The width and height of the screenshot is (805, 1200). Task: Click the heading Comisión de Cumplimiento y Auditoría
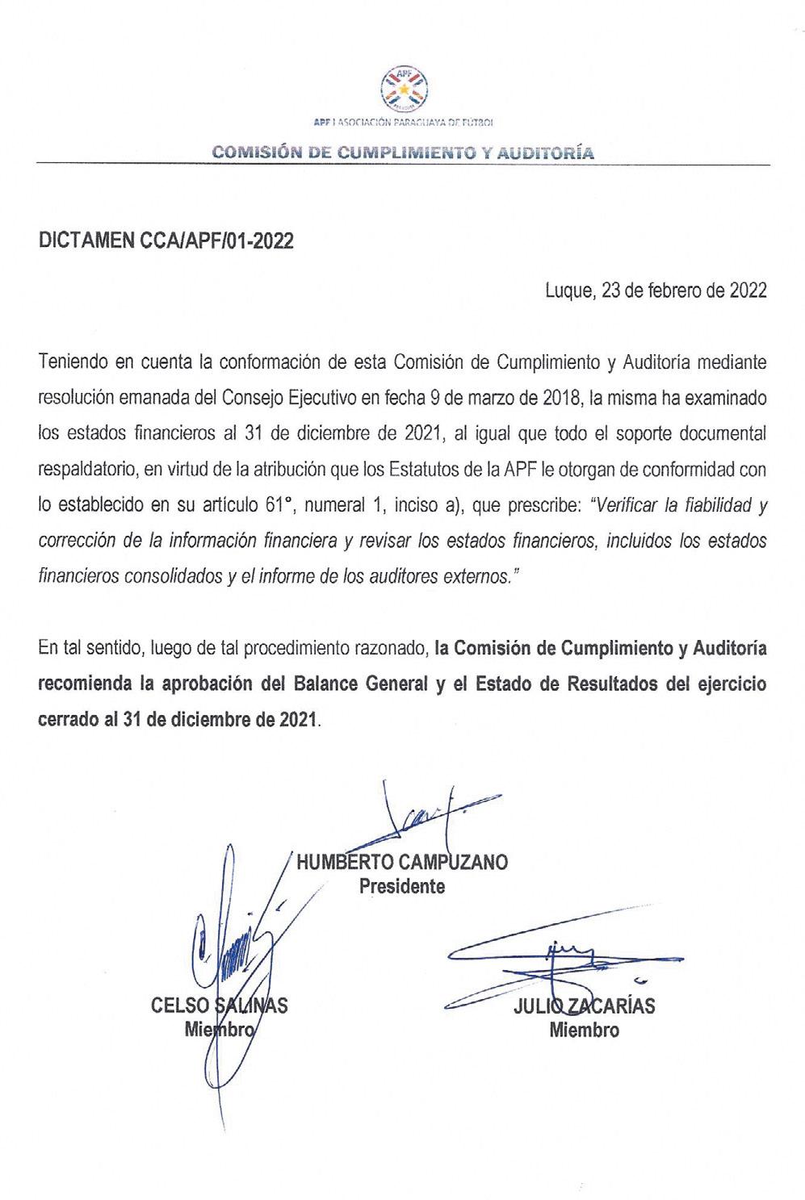pyautogui.click(x=403, y=152)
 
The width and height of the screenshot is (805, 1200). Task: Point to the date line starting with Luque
pyautogui.click(x=656, y=291)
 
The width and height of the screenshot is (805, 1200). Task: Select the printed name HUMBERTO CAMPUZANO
pyautogui.click(x=402, y=862)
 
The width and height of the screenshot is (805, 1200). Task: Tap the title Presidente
pyautogui.click(x=402, y=886)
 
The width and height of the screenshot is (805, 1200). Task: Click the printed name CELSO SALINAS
pyautogui.click(x=219, y=1006)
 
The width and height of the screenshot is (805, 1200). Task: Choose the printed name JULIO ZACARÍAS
pyautogui.click(x=584, y=1006)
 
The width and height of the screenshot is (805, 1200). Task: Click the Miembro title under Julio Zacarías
pyautogui.click(x=584, y=1030)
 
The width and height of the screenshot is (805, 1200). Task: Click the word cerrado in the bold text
pyautogui.click(x=68, y=719)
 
